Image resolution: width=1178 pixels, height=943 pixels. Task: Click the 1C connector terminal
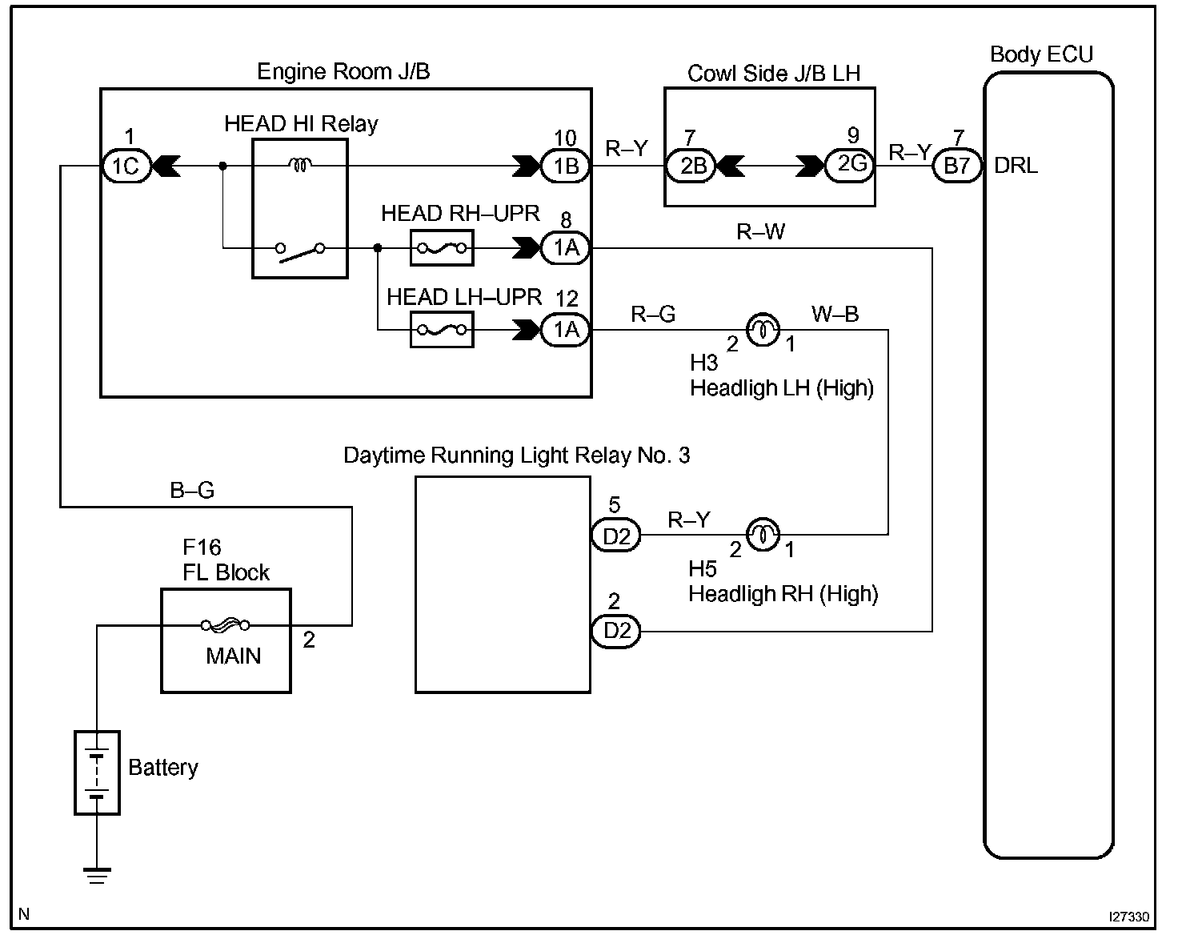(126, 167)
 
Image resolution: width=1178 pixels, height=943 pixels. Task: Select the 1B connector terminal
(566, 167)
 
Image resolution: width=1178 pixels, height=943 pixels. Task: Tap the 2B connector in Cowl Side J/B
(693, 167)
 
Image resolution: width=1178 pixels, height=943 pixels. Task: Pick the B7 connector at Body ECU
(957, 167)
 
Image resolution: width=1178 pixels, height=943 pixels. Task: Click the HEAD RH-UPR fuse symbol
(442, 248)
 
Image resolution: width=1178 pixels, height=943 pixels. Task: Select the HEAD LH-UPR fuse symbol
(442, 330)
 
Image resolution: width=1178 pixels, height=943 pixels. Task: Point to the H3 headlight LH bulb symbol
(762, 329)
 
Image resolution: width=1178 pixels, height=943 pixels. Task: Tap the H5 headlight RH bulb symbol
(762, 535)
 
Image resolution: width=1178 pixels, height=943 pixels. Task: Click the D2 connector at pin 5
(616, 536)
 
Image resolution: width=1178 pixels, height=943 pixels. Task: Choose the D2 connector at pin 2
(616, 632)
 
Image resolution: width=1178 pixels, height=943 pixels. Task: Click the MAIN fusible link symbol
(226, 625)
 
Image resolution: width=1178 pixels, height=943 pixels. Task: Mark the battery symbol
(97, 772)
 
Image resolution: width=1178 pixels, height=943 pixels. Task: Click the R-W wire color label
(760, 232)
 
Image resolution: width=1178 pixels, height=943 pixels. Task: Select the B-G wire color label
(192, 490)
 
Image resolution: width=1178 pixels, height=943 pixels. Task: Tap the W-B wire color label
(835, 314)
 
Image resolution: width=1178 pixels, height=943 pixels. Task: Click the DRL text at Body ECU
(1016, 166)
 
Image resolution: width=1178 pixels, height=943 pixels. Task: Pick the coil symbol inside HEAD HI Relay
(301, 165)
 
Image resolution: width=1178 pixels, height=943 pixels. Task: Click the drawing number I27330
(1128, 917)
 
